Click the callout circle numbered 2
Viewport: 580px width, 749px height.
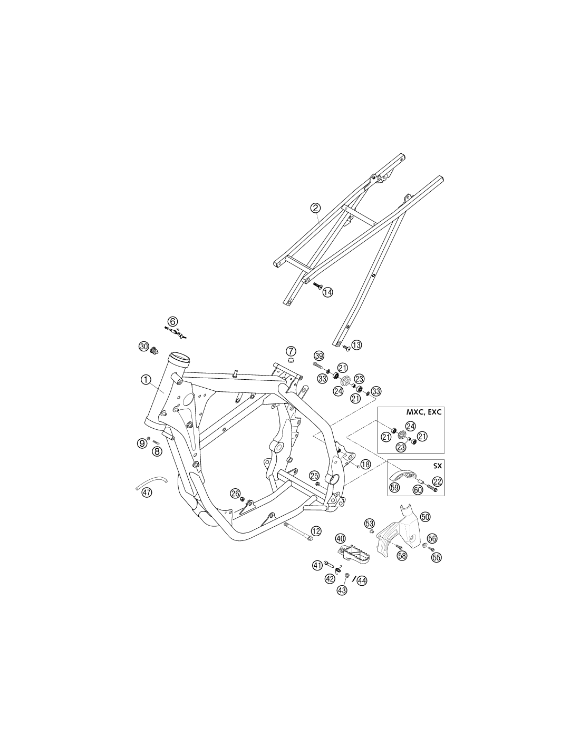pos(315,208)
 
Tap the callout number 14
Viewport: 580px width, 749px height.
pos(327,292)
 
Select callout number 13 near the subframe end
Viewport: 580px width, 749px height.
pos(356,344)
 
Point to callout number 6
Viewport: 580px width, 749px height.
pos(173,322)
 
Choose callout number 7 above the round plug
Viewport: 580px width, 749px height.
pos(291,351)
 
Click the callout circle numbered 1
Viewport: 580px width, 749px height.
pos(146,379)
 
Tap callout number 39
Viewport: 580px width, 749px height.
pos(319,356)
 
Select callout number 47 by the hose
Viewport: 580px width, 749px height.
pos(147,492)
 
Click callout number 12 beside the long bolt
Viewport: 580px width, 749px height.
pos(316,531)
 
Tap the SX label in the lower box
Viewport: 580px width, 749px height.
pos(437,465)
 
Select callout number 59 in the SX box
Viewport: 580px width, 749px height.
pos(394,487)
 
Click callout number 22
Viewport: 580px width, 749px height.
pos(437,481)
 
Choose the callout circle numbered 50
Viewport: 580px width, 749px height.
pos(425,516)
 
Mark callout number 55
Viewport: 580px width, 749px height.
pos(437,557)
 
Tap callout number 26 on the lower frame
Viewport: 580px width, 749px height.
pos(235,493)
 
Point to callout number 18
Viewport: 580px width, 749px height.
pos(365,464)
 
